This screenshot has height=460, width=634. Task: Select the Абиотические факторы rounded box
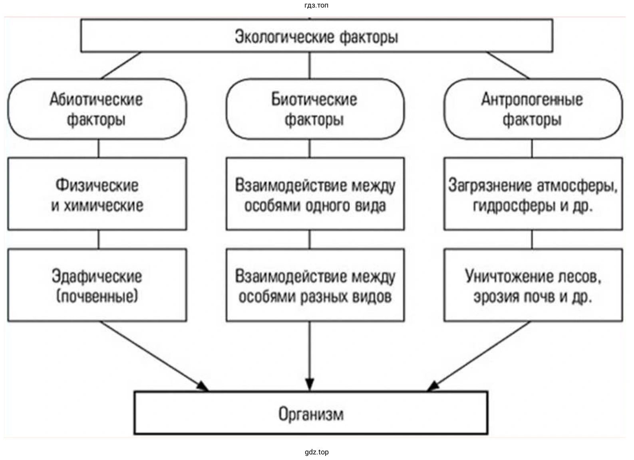point(97,109)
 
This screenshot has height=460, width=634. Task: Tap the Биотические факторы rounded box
point(315,109)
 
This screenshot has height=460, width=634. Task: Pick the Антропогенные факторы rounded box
point(533,109)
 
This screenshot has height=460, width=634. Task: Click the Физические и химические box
point(97,194)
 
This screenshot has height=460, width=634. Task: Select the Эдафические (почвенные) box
point(97,285)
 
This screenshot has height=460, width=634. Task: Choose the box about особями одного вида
point(315,194)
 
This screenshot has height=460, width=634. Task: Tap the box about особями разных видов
point(315,285)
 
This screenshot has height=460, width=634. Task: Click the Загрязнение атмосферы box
point(533,194)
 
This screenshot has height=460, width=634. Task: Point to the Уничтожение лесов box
point(533,285)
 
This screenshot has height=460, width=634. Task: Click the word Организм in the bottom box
point(311,414)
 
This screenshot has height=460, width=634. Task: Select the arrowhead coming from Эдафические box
point(203,386)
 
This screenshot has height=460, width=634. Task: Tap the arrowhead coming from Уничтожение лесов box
point(433,386)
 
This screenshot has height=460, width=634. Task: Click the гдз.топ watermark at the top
point(316,6)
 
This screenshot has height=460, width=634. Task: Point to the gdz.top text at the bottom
point(316,452)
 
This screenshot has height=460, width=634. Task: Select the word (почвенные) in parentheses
point(97,296)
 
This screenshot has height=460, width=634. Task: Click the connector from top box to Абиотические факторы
point(121,65)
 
